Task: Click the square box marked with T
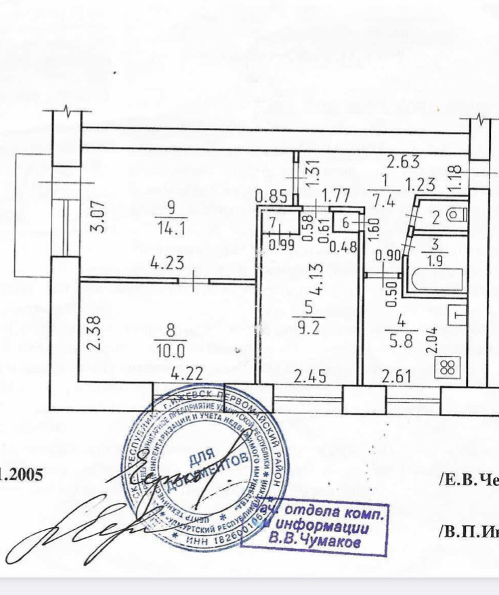(458, 315)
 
